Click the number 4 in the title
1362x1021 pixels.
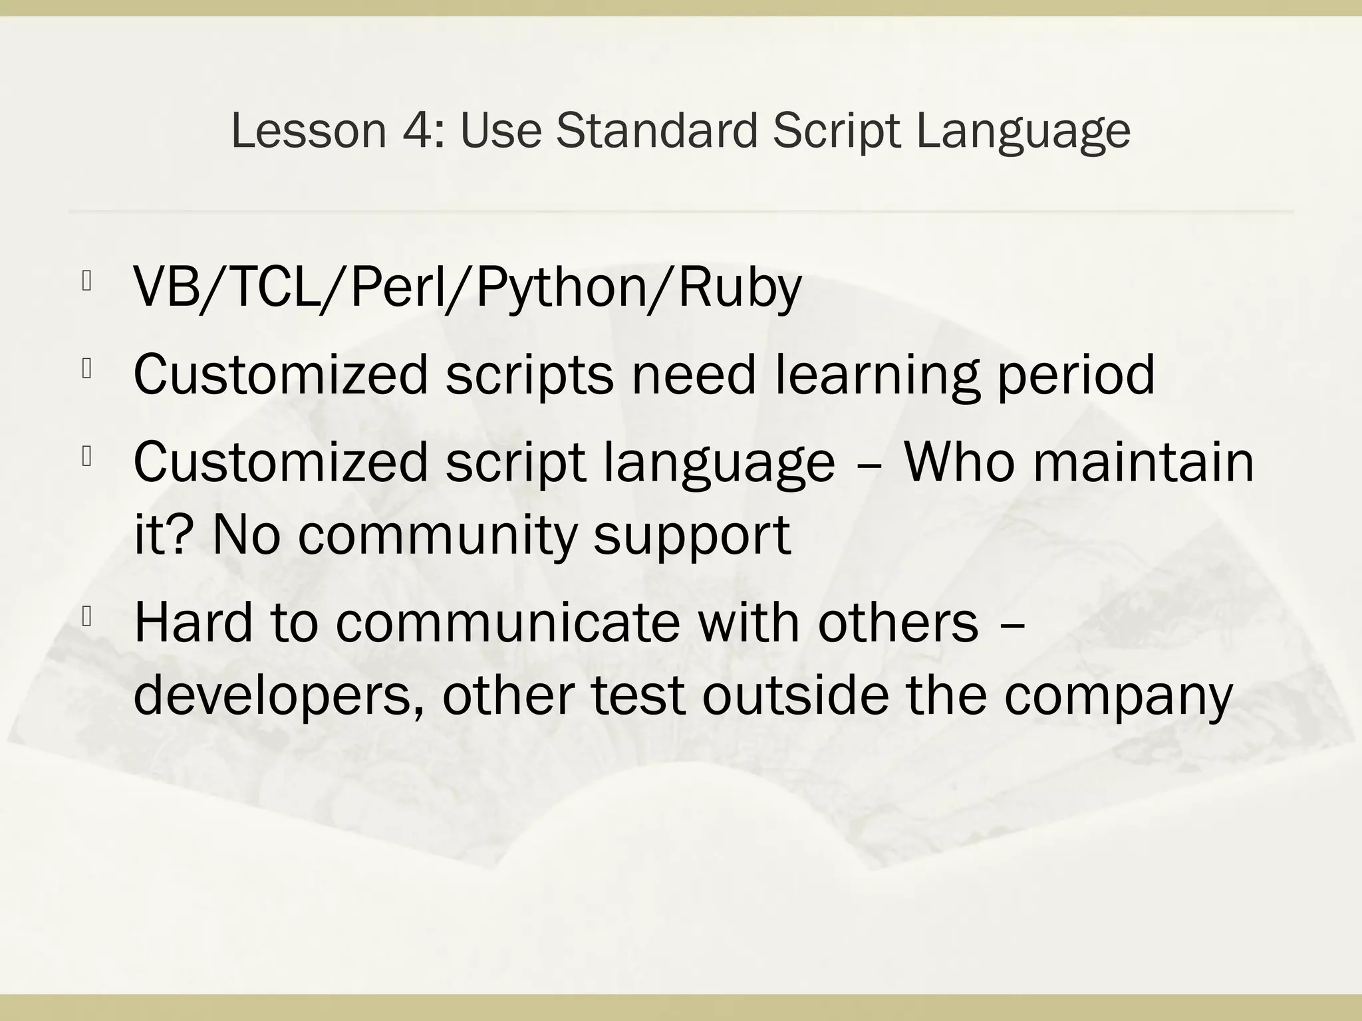pyautogui.click(x=415, y=130)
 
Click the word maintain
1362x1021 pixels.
pyautogui.click(x=1144, y=461)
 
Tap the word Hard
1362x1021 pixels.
pyautogui.click(x=194, y=622)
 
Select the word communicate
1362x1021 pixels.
pyautogui.click(x=508, y=622)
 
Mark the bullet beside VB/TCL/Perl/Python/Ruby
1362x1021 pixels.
pyautogui.click(x=86, y=282)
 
